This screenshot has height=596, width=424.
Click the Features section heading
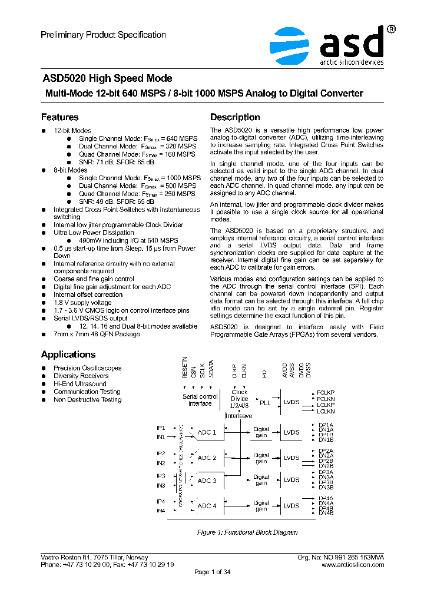pos(59,117)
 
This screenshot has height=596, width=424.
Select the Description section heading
pos(235,117)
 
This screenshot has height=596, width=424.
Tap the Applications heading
pos(68,355)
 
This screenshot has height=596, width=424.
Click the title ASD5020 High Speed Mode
pos(107,78)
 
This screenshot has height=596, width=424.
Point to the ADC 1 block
pos(207,432)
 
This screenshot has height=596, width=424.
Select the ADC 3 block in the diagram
pos(207,481)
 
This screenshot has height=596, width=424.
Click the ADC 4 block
pos(207,506)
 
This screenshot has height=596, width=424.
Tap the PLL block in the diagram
pos(265,403)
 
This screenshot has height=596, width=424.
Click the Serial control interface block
pos(200,400)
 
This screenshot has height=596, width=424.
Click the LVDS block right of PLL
pos(291,403)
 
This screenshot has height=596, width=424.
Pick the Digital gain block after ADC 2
pos(261,458)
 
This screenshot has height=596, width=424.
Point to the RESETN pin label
pos(184,368)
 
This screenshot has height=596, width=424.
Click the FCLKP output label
pos(325,392)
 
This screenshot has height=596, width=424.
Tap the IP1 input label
pos(160,428)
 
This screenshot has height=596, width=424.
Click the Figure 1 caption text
pos(247,532)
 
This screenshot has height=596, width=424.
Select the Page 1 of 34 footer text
pos(212,572)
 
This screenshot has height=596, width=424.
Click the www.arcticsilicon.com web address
pos(353,564)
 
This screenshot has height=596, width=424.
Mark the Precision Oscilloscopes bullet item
pos(87,368)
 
